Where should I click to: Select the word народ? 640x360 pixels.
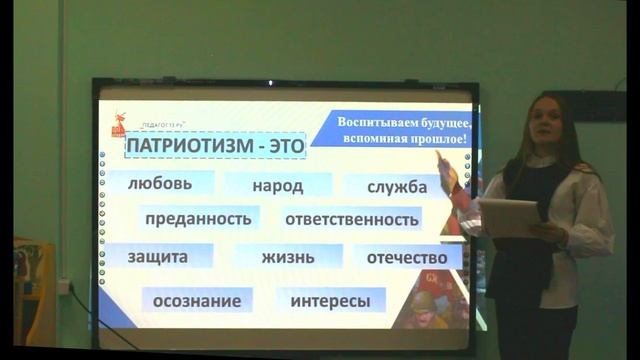click(277, 185)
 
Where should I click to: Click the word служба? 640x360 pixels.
click(396, 186)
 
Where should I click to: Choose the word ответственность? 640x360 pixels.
click(350, 219)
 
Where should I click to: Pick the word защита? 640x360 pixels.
click(157, 256)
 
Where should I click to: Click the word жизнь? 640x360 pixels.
click(287, 257)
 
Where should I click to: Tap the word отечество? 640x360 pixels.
click(406, 257)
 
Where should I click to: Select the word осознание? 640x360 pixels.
click(197, 299)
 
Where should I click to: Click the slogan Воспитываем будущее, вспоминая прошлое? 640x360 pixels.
click(400, 128)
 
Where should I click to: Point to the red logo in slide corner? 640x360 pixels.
click(117, 125)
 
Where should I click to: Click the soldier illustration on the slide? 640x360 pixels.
click(436, 301)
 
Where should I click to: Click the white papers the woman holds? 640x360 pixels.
click(508, 216)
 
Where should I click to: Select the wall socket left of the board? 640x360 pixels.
click(62, 287)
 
